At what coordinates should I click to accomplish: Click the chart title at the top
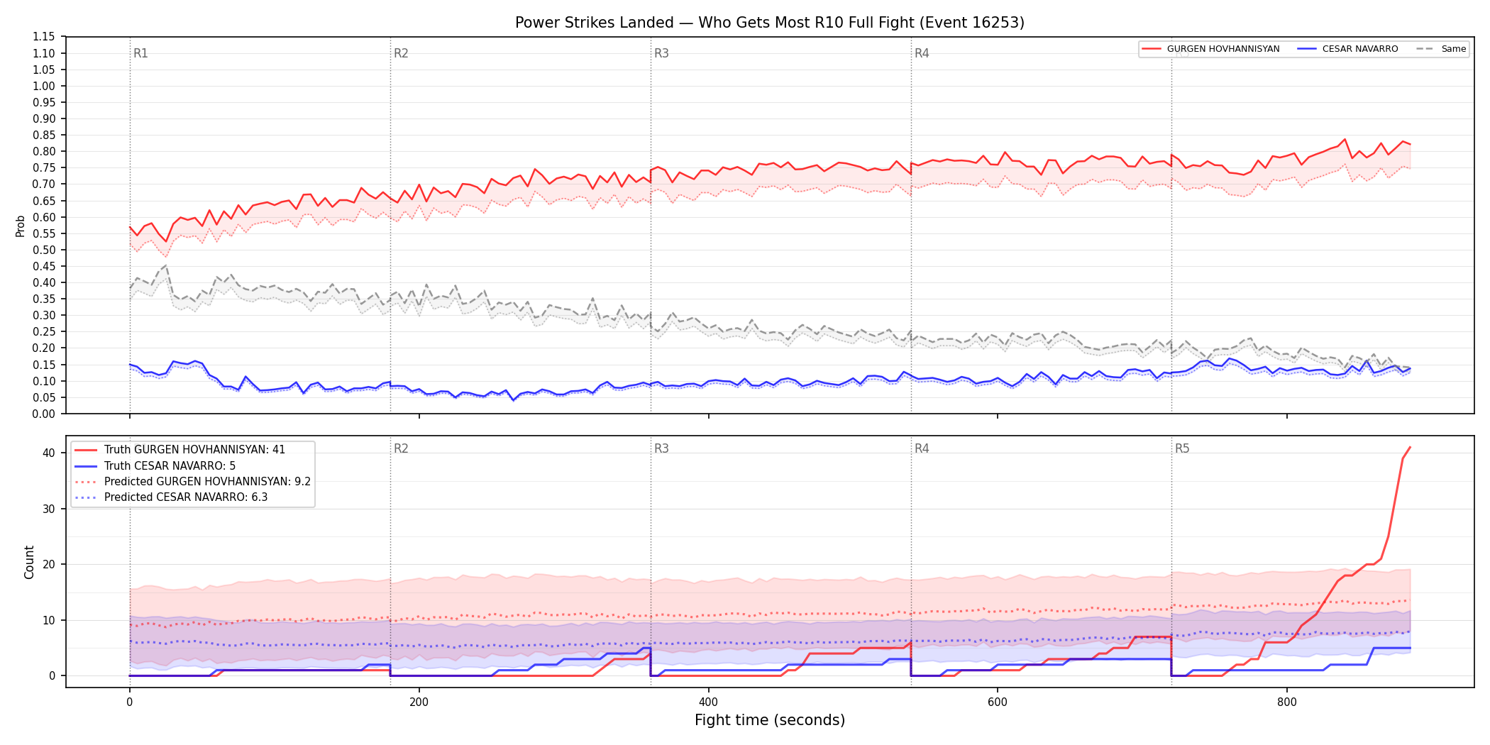(x=770, y=23)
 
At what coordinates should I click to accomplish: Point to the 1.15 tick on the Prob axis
(x=44, y=37)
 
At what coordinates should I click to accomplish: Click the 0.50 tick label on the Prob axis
(x=44, y=250)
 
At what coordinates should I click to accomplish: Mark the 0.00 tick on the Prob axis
(x=44, y=414)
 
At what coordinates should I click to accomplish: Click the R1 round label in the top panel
(x=140, y=53)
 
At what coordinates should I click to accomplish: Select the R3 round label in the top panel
(x=661, y=53)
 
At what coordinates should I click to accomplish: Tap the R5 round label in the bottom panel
(x=1182, y=448)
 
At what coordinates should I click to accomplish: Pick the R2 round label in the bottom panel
(x=401, y=448)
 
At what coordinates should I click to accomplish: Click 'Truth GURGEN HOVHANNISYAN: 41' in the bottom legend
(x=194, y=450)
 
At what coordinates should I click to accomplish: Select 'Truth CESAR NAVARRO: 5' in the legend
(x=170, y=466)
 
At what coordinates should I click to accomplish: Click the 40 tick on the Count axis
(x=49, y=453)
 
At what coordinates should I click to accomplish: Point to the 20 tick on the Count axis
(x=49, y=564)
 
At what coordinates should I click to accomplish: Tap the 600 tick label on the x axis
(x=998, y=702)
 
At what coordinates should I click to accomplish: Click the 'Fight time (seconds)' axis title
(x=770, y=720)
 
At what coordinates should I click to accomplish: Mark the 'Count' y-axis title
(x=29, y=562)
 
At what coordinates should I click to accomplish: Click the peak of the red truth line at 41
(x=1410, y=447)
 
